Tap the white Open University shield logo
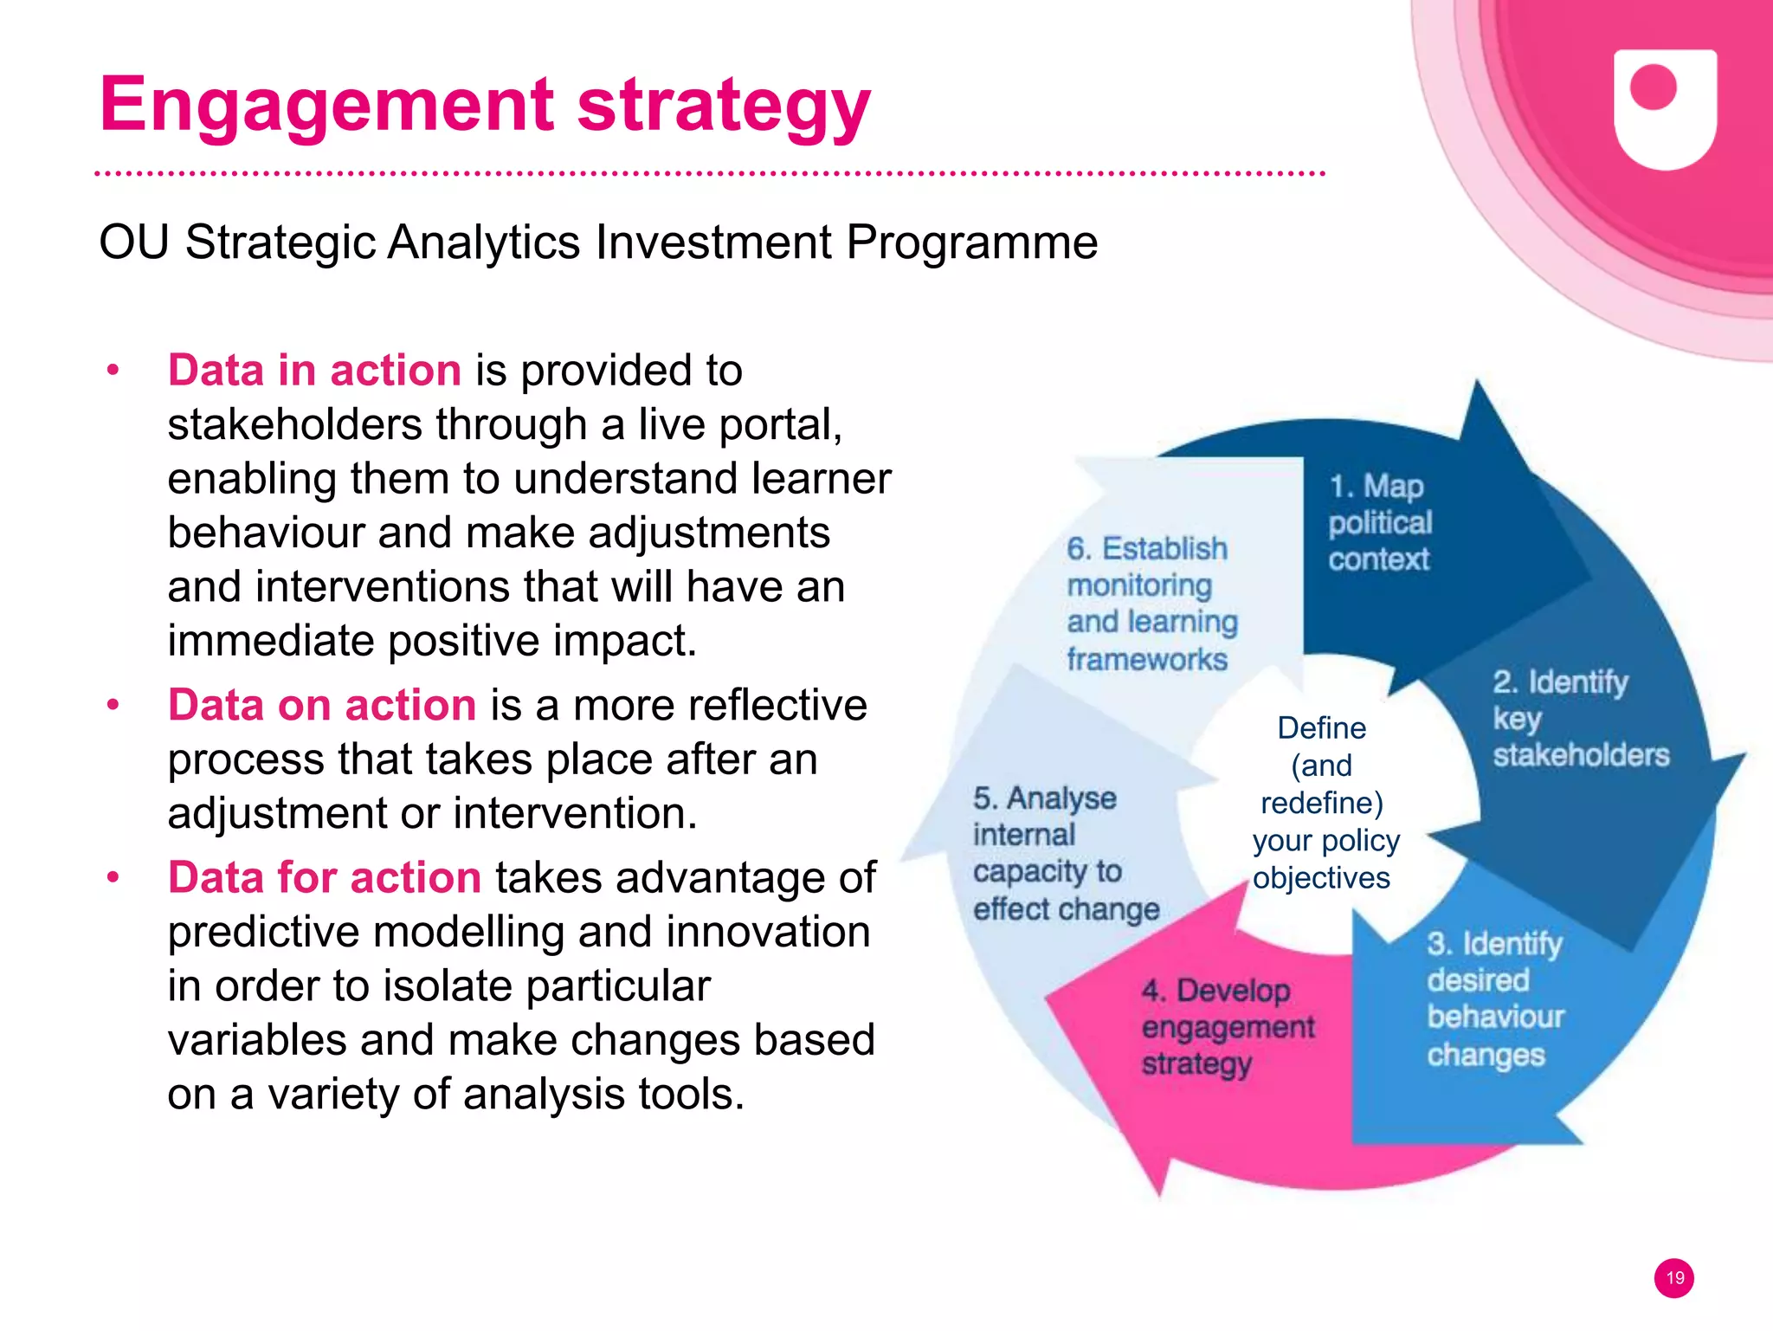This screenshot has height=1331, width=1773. tap(1665, 108)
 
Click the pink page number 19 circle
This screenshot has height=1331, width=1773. tap(1674, 1278)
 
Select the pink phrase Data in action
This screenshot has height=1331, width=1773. tap(314, 371)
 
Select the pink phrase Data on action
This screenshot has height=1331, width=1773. tap(322, 705)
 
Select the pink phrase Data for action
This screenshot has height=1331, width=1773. tap(325, 877)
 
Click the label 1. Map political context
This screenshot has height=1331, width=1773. tap(1380, 523)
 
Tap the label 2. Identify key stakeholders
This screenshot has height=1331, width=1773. tap(1579, 719)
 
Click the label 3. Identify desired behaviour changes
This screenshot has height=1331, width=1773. tap(1495, 998)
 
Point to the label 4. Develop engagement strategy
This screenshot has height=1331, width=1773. tap(1226, 1027)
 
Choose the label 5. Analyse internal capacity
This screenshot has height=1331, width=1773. tap(1065, 853)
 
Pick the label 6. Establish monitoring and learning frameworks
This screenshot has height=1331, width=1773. tap(1151, 604)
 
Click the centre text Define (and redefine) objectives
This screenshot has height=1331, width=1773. tap(1322, 803)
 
